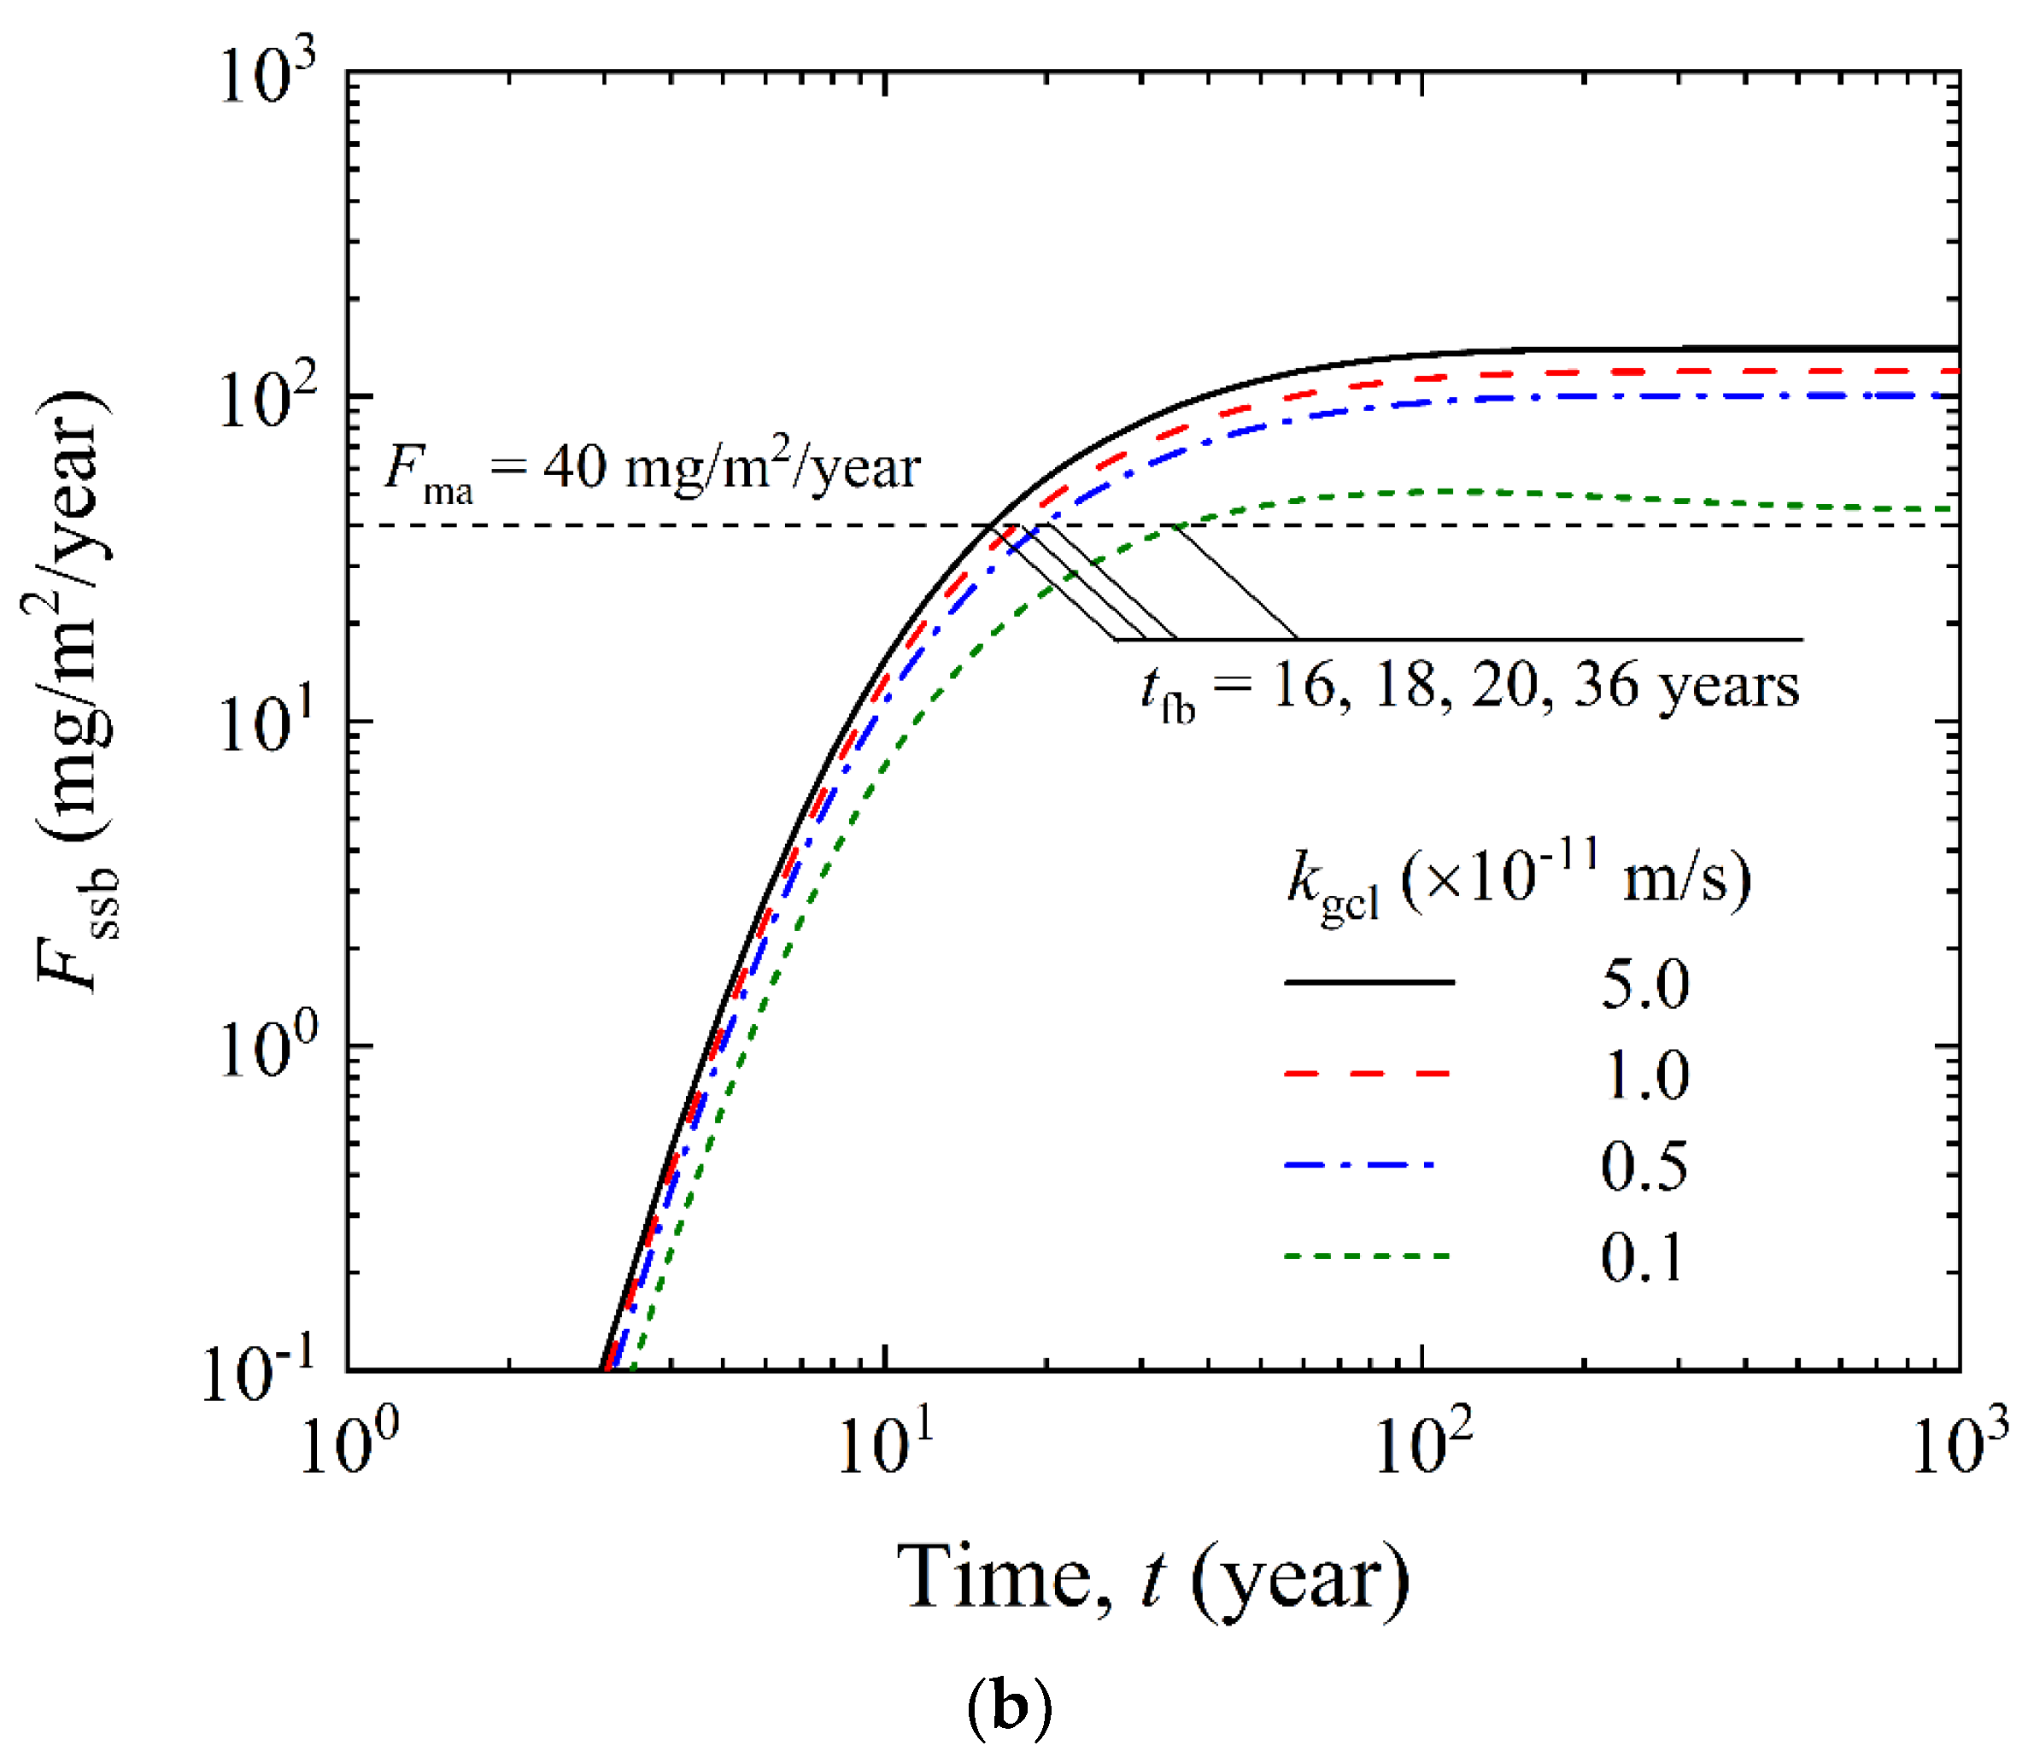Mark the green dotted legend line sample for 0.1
pos(1368,1256)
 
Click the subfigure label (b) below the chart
pos(1010,1709)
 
